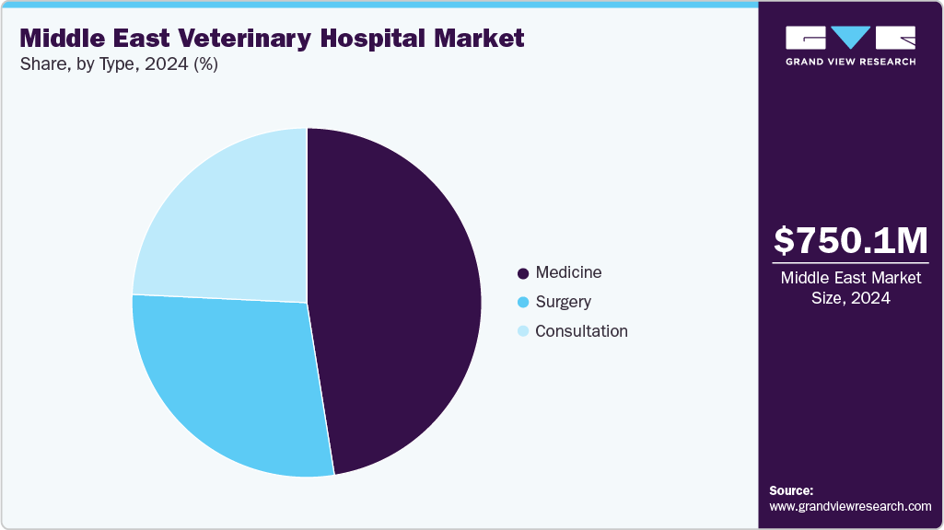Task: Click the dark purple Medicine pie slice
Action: pos(405,304)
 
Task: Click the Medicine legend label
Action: pos(568,272)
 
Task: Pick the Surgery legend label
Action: pos(563,302)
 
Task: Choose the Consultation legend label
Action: pos(581,331)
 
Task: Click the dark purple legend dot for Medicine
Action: pos(523,273)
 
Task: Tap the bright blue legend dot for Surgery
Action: pos(523,303)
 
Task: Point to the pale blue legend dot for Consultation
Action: pos(523,332)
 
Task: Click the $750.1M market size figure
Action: pos(850,240)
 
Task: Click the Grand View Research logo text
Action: pos(850,62)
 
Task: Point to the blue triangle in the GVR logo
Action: pos(850,38)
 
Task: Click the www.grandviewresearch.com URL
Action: pos(850,506)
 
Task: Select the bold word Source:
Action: pos(791,490)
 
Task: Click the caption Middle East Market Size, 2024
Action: pos(850,288)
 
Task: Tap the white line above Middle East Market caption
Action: pos(850,261)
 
